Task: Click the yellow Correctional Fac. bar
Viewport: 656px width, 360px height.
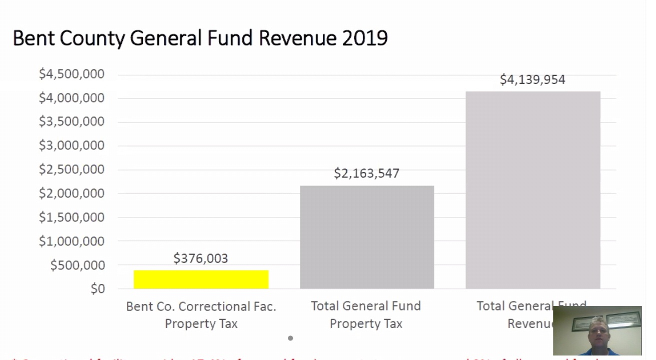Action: (201, 279)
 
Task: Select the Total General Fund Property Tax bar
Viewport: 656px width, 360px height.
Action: (367, 237)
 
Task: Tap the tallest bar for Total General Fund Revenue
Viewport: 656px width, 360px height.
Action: (533, 190)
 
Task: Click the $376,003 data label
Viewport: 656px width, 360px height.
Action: (200, 258)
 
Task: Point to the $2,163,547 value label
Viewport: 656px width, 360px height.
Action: (366, 173)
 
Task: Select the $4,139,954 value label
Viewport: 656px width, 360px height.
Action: (533, 80)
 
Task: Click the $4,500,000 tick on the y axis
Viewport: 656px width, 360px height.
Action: (71, 74)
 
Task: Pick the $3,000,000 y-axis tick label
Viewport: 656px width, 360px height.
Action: (71, 145)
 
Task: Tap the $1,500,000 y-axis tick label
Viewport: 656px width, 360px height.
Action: (71, 217)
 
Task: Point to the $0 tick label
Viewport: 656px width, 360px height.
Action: (97, 289)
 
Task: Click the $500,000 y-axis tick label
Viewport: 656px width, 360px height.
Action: (77, 265)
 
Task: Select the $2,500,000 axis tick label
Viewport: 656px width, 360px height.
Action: (71, 169)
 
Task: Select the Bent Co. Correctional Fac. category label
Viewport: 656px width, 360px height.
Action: (201, 315)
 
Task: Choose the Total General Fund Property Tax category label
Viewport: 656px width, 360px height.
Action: (366, 315)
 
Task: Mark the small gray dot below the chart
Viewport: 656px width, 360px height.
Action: (290, 338)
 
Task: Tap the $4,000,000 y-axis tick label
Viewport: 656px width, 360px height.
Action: (71, 98)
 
